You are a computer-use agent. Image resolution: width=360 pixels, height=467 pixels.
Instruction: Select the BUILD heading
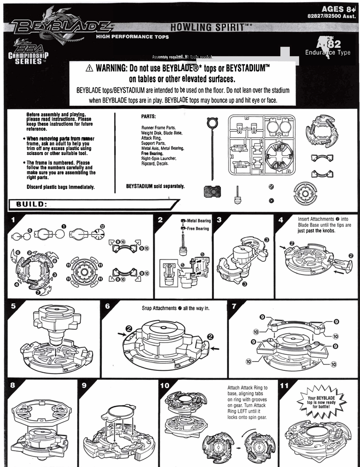click(31, 204)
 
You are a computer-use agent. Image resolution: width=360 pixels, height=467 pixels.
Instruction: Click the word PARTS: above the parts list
click(149, 116)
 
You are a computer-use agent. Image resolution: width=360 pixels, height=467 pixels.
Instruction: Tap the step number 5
click(13, 306)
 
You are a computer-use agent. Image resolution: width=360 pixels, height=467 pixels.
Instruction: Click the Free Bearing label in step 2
click(198, 228)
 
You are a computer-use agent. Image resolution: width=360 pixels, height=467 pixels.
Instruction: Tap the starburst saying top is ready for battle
click(321, 403)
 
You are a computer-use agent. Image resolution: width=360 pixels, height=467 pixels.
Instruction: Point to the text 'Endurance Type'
click(328, 52)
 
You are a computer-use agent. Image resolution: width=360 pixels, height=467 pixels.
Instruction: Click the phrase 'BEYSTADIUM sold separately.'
click(155, 186)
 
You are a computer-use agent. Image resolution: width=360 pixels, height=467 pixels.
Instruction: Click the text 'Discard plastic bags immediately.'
click(60, 187)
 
